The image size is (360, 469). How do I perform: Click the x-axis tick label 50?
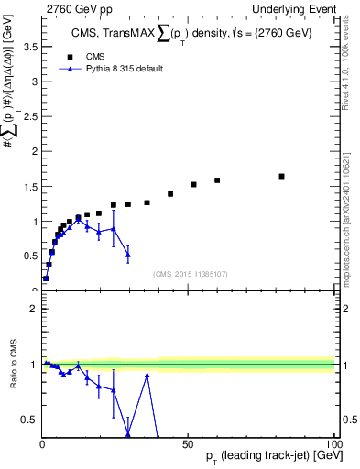point(189,442)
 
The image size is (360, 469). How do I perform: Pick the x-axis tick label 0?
point(42,442)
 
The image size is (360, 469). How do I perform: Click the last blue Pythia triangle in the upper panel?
point(128,254)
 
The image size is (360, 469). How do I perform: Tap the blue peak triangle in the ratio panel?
point(147,376)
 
